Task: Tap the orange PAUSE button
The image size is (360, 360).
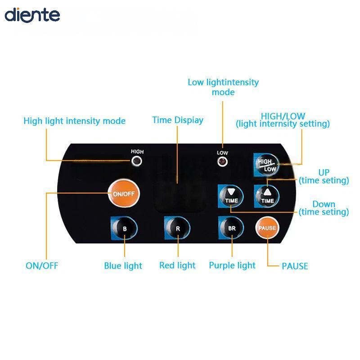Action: [267, 228]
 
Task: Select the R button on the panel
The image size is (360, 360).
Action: [177, 228]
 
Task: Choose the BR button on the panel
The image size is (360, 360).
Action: [231, 228]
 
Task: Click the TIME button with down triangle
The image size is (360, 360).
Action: [231, 196]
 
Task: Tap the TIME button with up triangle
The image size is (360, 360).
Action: [267, 196]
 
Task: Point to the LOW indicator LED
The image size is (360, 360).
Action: [222, 162]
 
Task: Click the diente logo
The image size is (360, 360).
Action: [32, 15]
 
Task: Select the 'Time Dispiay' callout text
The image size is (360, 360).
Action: [178, 120]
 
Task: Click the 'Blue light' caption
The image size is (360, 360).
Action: [123, 266]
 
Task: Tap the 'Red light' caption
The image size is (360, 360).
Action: [177, 265]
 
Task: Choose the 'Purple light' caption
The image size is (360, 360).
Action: [232, 265]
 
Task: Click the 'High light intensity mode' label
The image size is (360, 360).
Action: [74, 121]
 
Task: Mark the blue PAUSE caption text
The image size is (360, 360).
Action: [295, 266]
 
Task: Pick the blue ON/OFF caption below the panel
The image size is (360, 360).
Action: [42, 265]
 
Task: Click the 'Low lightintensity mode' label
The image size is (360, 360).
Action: [223, 87]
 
